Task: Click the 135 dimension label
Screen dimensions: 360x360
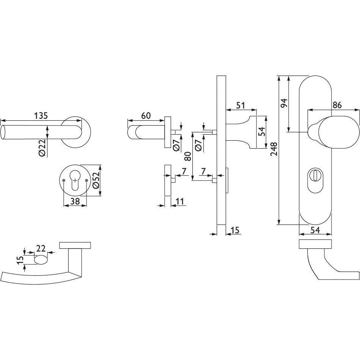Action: (x=41, y=115)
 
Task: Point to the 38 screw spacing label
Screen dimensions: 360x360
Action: (x=75, y=201)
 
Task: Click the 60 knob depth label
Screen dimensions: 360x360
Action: (x=146, y=115)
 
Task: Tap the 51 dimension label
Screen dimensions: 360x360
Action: (x=241, y=105)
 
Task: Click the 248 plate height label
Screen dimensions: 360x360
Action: (x=274, y=149)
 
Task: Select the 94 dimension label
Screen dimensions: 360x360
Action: (x=284, y=103)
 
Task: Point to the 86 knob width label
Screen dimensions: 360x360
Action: (x=337, y=105)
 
